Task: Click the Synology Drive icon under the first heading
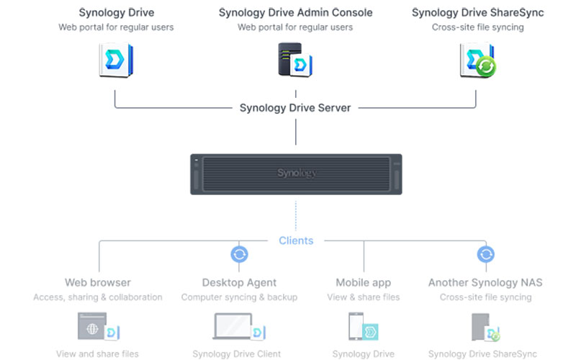point(116,60)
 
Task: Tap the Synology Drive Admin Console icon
point(295,60)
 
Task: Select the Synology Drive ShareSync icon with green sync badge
point(477,60)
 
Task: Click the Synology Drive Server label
point(295,108)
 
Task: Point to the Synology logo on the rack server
point(297,173)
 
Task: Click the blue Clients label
point(296,240)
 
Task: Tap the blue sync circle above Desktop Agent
point(239,254)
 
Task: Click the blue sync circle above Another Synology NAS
point(485,254)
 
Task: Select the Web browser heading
point(98,282)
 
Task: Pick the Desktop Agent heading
point(239,282)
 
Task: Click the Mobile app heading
point(364,282)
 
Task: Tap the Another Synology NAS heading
point(485,282)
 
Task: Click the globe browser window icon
point(92,326)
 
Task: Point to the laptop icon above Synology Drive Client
point(233,326)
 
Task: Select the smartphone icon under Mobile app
point(356,326)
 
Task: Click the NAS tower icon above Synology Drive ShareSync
point(480,327)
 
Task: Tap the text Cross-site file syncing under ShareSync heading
point(477,27)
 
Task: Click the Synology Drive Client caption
point(237,354)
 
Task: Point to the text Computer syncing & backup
point(239,297)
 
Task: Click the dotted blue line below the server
point(296,215)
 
